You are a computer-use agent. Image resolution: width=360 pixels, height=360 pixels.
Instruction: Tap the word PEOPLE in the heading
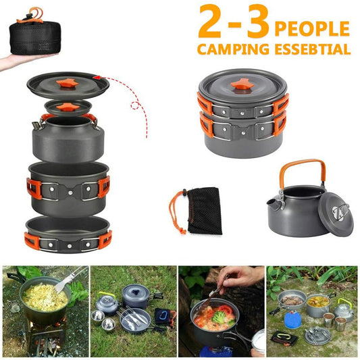click(312, 28)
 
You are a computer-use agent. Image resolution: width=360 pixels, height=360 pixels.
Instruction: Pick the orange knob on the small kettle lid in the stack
click(67, 107)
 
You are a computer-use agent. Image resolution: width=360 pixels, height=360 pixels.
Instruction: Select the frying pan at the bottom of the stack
click(67, 234)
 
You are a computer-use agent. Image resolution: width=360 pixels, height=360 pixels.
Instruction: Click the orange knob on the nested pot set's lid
click(242, 84)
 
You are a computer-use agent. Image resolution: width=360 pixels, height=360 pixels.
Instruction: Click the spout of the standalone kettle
click(273, 202)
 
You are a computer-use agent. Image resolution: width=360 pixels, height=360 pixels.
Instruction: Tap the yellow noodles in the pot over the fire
click(45, 297)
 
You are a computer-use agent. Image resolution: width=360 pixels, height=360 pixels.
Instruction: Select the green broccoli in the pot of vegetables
click(222, 315)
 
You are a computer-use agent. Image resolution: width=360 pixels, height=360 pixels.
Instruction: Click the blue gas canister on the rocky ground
click(292, 319)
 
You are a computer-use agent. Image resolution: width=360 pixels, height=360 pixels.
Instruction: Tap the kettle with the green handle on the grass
click(344, 309)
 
